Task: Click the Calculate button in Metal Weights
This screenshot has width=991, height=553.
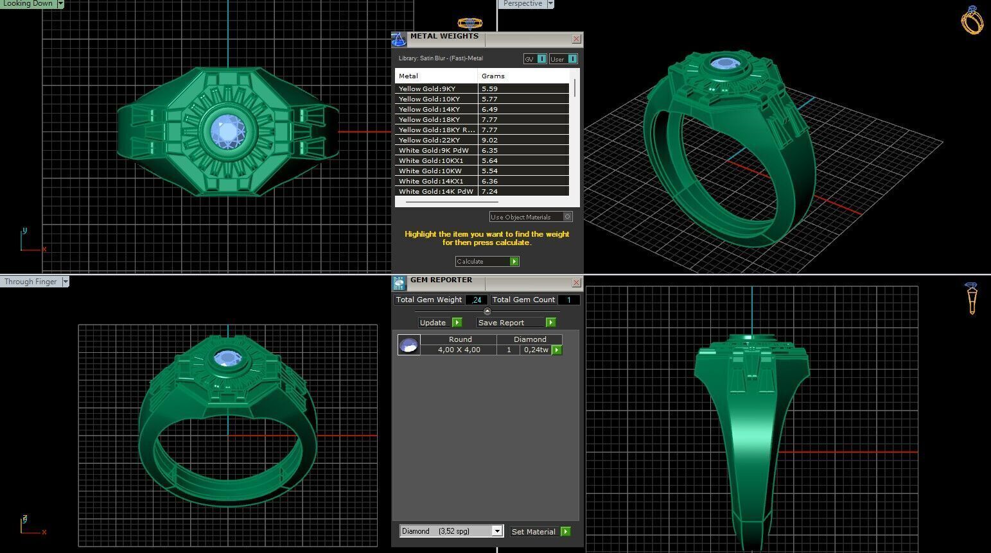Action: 487,261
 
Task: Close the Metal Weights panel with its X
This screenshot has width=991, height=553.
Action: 576,39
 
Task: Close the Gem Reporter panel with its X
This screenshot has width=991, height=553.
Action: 576,282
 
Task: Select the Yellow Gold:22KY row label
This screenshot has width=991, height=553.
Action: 429,140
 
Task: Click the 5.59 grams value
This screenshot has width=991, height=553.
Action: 489,89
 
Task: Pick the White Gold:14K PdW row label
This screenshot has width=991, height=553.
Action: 435,191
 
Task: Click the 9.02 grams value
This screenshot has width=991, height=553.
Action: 489,140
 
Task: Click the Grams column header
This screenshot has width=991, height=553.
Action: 493,76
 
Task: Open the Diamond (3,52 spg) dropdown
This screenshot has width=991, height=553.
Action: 496,531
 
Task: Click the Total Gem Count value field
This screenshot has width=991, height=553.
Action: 568,300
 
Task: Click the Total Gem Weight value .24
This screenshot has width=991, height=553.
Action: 477,300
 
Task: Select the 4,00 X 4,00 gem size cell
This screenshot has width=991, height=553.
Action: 459,350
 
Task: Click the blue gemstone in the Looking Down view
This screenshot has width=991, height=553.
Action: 227,132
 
